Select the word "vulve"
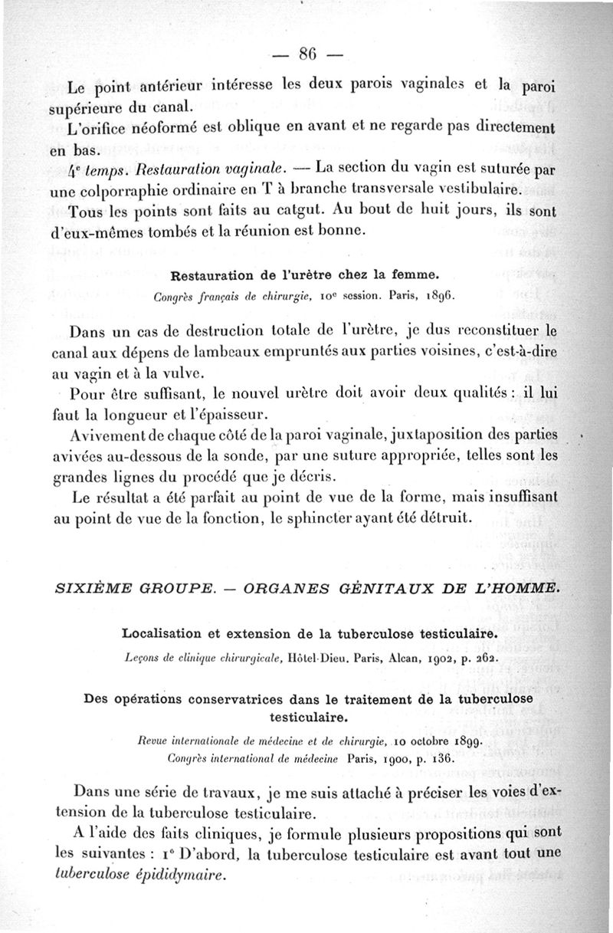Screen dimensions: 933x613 (183, 373)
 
